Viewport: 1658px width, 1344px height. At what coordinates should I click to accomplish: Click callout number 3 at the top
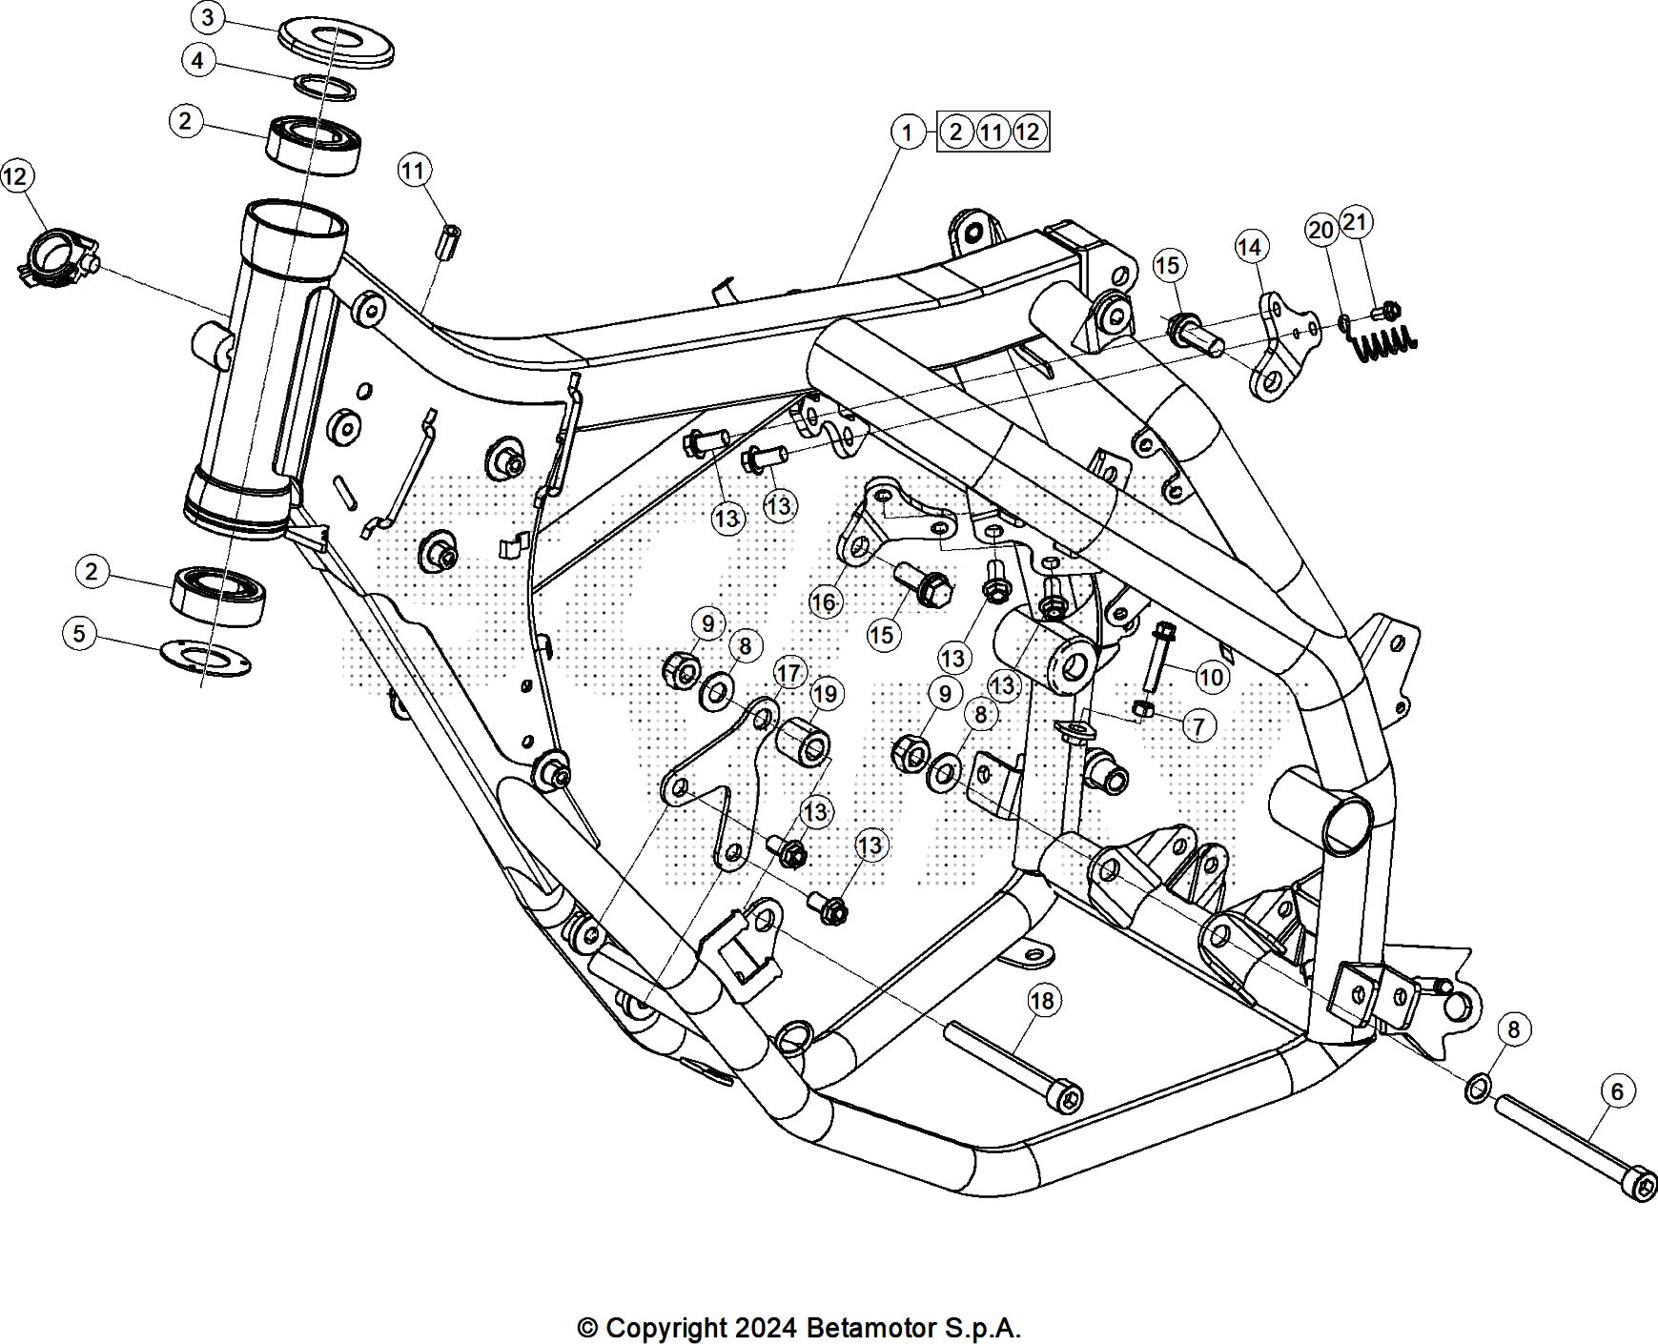tap(208, 17)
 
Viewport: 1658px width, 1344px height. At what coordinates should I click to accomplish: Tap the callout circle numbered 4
tap(197, 61)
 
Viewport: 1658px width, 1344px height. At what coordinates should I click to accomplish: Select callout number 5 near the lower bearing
tap(79, 633)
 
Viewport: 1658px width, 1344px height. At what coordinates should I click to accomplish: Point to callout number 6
tap(1617, 1090)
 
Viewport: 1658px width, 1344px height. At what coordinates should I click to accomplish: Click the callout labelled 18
tap(1043, 1000)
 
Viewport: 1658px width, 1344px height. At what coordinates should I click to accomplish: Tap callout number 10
tap(1210, 677)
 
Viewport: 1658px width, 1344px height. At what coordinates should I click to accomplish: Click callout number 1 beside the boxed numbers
tap(908, 132)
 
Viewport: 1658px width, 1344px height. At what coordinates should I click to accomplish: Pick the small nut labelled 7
tap(1145, 708)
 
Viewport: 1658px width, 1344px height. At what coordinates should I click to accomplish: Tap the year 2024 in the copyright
tap(767, 1328)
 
